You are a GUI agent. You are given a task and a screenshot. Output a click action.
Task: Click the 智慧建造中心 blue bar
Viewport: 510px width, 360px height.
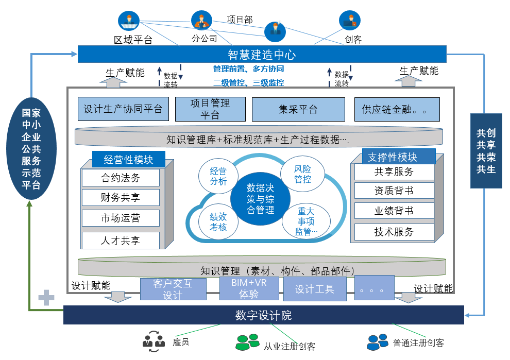(x=262, y=54)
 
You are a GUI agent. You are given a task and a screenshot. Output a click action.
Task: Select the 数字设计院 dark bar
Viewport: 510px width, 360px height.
(x=263, y=315)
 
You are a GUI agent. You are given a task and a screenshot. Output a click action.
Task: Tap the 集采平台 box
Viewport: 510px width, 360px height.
(x=298, y=109)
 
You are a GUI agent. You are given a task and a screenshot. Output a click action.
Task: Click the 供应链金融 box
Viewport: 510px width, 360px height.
(x=397, y=109)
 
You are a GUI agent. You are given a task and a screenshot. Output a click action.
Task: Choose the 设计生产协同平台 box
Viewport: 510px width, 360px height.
(x=123, y=109)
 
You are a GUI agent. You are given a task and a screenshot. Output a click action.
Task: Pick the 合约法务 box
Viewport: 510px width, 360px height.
(x=121, y=178)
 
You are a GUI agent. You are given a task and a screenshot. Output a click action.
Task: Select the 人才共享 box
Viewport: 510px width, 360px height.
(x=121, y=240)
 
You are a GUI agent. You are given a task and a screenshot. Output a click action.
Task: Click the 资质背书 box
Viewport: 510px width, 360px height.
(x=394, y=191)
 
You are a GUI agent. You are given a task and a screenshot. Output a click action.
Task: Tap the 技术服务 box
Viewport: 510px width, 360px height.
(x=394, y=232)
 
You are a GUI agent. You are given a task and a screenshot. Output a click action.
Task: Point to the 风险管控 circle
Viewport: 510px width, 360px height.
(x=303, y=174)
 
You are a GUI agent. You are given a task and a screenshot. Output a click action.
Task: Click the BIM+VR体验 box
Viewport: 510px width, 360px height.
(x=249, y=289)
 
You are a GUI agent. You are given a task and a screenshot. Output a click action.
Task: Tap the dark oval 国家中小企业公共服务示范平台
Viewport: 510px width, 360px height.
(x=31, y=149)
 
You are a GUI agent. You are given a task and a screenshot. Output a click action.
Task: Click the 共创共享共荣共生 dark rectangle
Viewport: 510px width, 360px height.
(x=486, y=150)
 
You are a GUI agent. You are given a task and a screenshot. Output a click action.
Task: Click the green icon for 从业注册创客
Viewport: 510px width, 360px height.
(x=247, y=341)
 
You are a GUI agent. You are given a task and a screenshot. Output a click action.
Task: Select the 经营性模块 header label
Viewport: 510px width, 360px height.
(x=129, y=159)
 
